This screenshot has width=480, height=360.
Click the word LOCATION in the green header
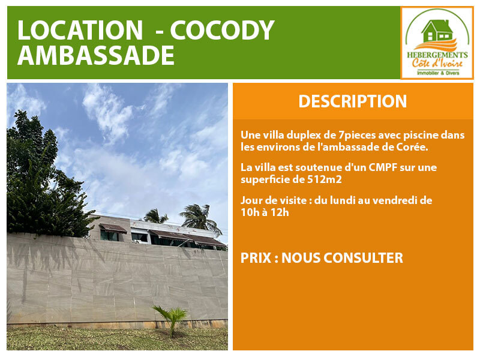click(80, 30)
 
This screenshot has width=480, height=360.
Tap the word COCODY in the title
click(222, 30)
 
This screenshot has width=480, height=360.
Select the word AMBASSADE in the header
click(96, 55)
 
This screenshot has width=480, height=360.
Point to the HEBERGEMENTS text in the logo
click(437, 55)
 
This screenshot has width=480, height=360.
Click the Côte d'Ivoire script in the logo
click(437, 64)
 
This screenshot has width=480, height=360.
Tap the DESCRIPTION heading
click(353, 101)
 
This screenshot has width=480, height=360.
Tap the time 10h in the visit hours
click(250, 212)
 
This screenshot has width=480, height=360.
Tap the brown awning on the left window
click(113, 228)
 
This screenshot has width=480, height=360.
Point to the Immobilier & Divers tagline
click(438, 73)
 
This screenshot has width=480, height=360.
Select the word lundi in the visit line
click(341, 200)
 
